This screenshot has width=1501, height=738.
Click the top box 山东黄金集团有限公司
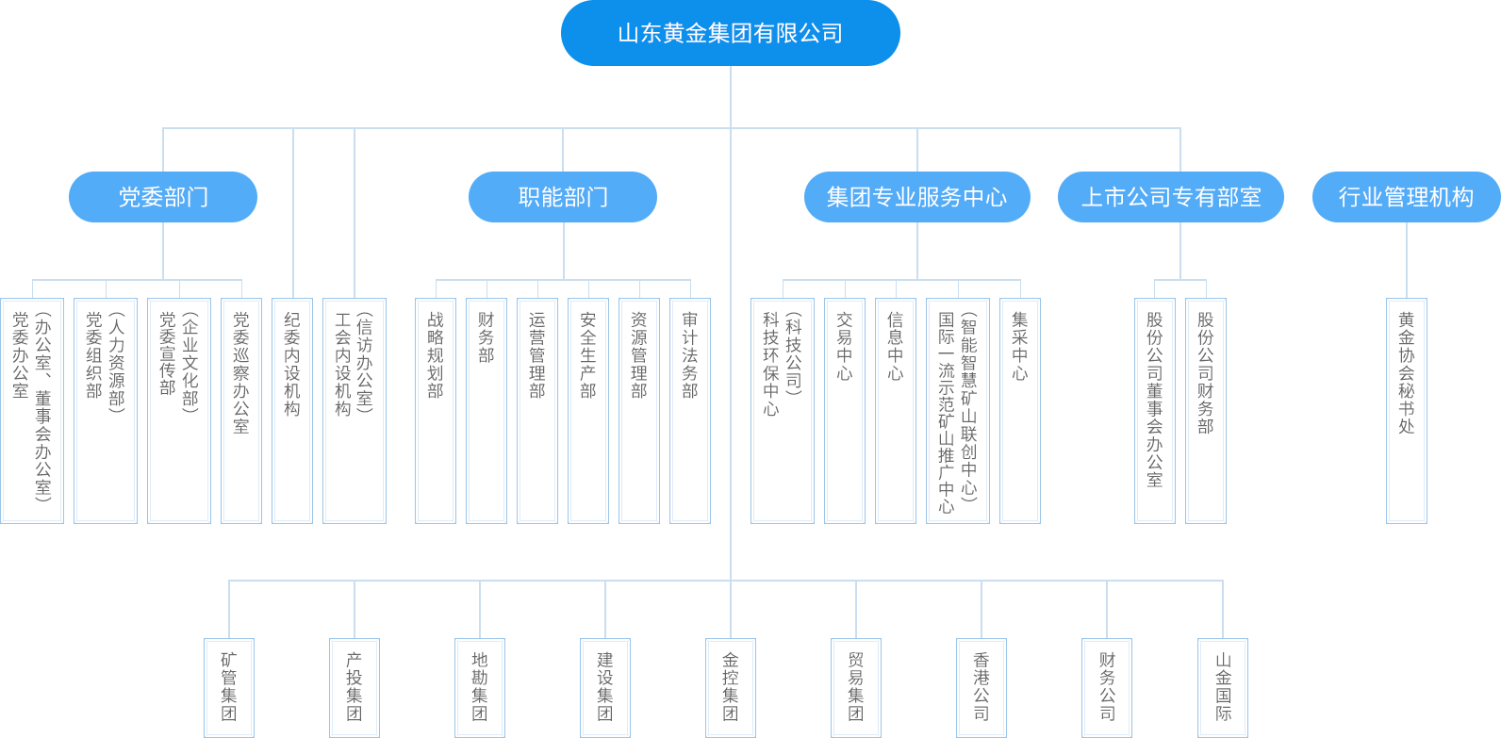point(731,33)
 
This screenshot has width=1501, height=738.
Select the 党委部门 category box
point(162,197)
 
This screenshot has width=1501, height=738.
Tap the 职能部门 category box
point(563,197)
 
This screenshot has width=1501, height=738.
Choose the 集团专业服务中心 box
point(916,197)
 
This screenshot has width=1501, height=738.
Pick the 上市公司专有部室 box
point(1171,197)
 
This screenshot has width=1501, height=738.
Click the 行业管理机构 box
point(1406,197)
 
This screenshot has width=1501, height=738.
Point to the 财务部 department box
point(487,410)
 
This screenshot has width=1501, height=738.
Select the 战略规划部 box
point(436,410)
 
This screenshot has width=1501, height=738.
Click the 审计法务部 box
point(690,410)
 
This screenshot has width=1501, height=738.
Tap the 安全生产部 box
point(588,410)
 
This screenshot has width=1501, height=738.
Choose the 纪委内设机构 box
point(292,410)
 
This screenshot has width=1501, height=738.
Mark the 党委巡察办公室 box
point(241,410)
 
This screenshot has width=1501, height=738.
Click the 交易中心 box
point(845,410)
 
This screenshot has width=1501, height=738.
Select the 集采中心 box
point(1020,410)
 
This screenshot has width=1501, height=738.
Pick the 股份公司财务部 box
point(1206,410)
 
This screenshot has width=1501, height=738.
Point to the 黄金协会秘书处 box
point(1407,410)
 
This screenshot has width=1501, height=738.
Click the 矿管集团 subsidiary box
point(229,687)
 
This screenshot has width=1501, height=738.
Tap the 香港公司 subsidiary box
point(981,687)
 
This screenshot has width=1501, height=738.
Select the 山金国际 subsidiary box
point(1223,687)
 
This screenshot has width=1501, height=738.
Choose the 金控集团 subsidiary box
point(731,687)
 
